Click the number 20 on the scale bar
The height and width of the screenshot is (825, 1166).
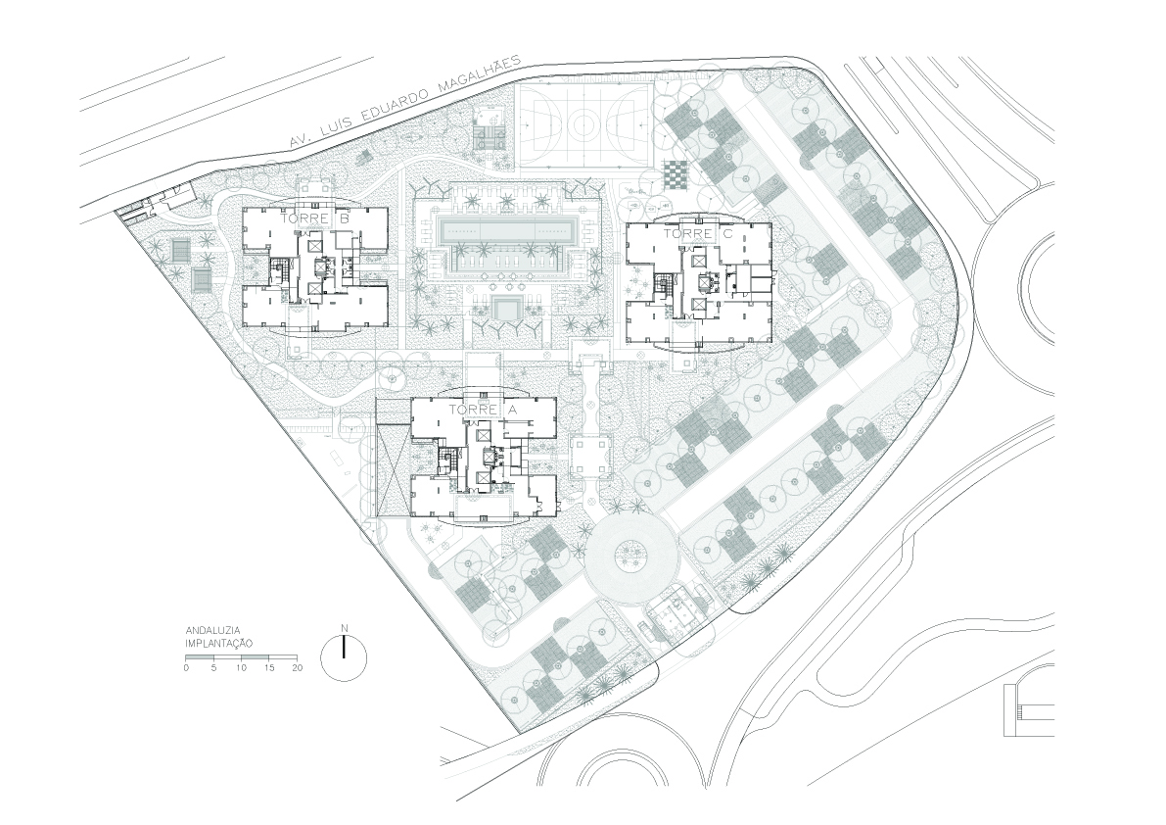298,668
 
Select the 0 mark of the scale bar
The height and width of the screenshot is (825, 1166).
186,668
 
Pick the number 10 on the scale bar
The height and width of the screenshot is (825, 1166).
241,668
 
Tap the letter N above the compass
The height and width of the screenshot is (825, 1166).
344,628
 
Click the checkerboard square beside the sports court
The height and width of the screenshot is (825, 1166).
675,176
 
